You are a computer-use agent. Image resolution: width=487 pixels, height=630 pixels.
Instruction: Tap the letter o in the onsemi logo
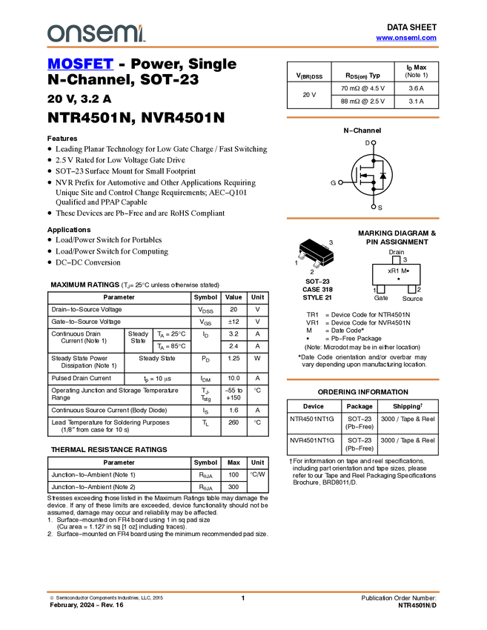[x=54, y=34]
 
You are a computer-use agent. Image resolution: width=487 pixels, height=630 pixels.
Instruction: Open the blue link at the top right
[x=406, y=38]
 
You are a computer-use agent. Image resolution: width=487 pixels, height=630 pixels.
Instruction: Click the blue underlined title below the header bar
[x=80, y=64]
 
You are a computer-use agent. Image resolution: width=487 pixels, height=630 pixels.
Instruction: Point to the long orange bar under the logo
[x=243, y=47]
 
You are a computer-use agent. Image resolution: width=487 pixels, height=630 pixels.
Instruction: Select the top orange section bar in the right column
[x=362, y=117]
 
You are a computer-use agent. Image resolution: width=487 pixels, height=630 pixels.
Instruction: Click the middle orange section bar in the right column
[x=362, y=218]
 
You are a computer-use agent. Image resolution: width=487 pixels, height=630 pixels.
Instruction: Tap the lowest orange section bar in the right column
[x=362, y=379]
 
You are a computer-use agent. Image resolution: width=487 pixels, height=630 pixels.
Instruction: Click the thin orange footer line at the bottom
[x=243, y=591]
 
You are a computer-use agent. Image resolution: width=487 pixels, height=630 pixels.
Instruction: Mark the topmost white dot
[x=374, y=142]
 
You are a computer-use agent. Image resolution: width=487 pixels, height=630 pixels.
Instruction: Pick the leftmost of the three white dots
[x=340, y=182]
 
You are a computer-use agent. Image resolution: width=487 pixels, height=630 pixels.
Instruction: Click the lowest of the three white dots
[x=374, y=207]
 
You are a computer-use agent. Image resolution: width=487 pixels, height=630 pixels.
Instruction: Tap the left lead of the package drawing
[x=302, y=256]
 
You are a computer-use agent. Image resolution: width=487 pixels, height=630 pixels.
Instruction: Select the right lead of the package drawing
[x=317, y=264]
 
